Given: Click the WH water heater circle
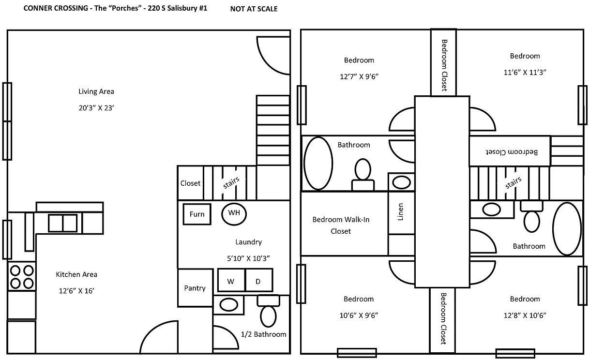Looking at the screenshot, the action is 234,214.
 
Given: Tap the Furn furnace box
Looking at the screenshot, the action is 197,214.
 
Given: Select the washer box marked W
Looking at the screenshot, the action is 231,280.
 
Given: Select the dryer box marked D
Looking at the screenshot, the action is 259,280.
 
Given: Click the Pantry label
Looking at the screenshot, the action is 195,288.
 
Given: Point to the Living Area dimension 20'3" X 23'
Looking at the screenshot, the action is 96,108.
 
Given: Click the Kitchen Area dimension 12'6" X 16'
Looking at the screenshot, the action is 76,291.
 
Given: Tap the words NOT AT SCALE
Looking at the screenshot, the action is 254,9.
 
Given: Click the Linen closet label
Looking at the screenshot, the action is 400,211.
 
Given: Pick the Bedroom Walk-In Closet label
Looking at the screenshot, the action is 341,225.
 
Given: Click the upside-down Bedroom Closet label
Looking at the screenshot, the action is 512,152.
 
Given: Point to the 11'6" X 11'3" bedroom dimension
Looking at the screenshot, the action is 525,72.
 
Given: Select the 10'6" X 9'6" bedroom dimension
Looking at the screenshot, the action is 359,315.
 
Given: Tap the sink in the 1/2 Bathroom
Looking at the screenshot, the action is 228,305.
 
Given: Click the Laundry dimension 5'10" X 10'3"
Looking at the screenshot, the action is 248,258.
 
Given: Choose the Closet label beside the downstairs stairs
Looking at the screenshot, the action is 190,183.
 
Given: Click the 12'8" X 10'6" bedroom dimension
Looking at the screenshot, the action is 525,315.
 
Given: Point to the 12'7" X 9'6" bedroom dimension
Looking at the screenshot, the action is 359,76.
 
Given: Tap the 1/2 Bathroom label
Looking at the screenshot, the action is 263,334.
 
